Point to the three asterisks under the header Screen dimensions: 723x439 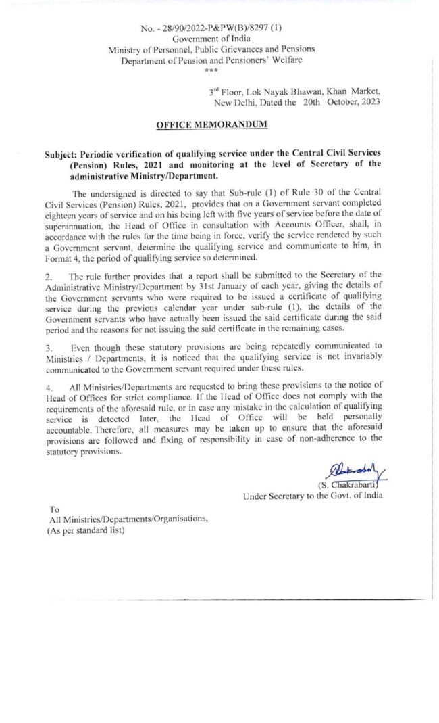(211, 70)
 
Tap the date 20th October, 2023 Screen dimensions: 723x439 (341, 101)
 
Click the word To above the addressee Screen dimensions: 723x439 (55, 508)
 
